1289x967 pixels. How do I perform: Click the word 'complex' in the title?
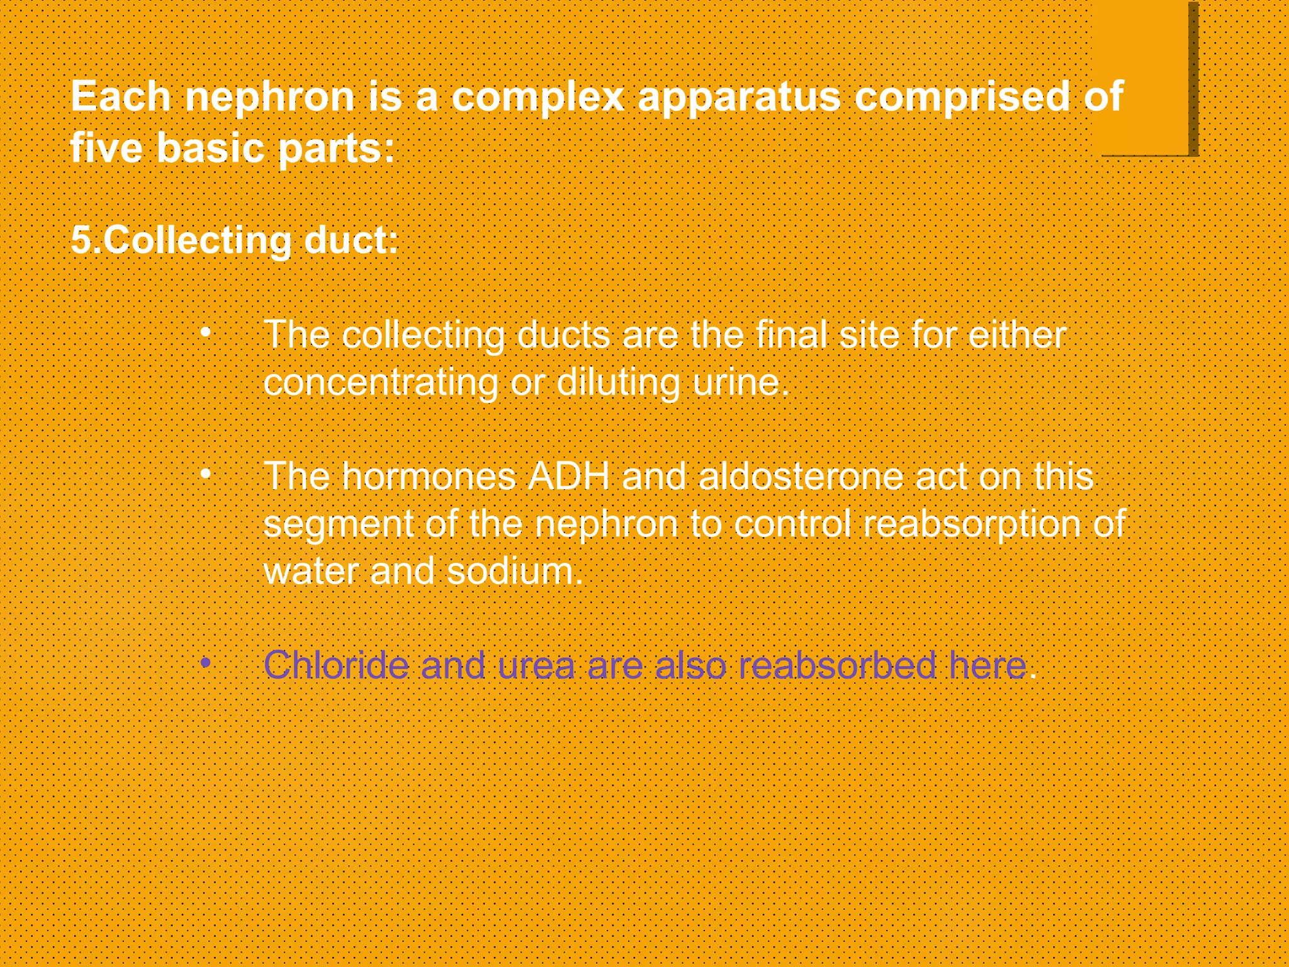click(538, 98)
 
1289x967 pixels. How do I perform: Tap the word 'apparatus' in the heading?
click(739, 98)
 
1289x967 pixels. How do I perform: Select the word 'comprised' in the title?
click(962, 98)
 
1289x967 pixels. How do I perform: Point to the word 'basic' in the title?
click(211, 148)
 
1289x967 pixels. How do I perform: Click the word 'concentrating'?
click(381, 382)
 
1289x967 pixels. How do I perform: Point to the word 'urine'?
click(736, 382)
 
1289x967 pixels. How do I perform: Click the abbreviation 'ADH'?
click(569, 476)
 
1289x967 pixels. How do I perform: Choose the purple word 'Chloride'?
click(336, 665)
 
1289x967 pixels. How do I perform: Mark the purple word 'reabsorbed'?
click(837, 665)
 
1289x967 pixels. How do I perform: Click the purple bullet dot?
click(205, 662)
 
